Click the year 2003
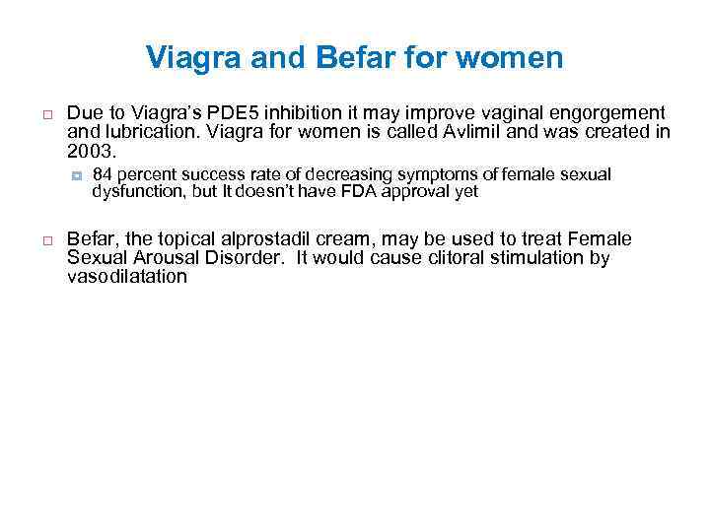click(x=90, y=153)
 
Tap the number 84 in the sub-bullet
click(x=101, y=175)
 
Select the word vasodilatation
click(x=126, y=277)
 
